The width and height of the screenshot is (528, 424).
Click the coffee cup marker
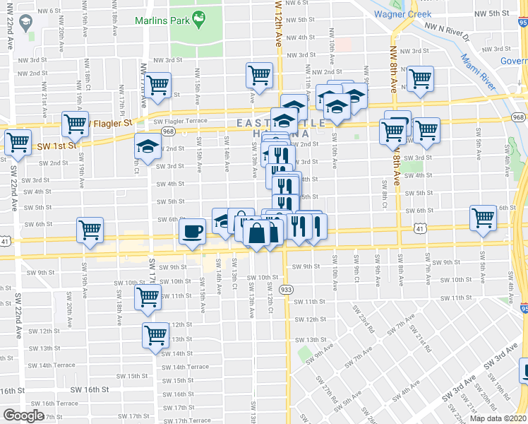pyautogui.click(x=192, y=230)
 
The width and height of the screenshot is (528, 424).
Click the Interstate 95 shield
pyautogui.click(x=522, y=308)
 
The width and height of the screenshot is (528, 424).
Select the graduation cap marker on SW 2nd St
pyautogui.click(x=148, y=147)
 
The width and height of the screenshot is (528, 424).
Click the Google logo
pyautogui.click(x=23, y=415)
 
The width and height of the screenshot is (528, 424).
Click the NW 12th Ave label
pyautogui.click(x=277, y=28)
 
